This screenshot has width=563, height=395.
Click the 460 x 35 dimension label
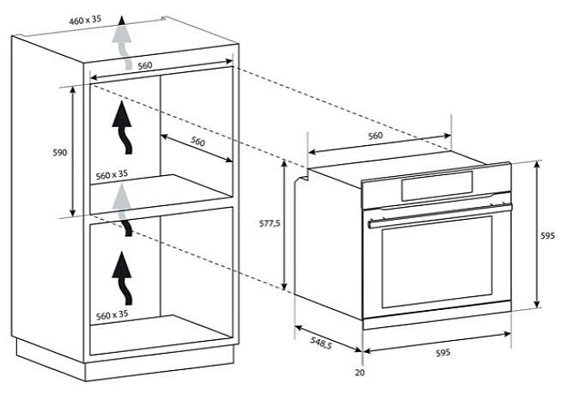(x=85, y=20)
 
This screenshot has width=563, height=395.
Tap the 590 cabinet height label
(x=59, y=153)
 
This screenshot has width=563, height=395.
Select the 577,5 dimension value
(x=269, y=223)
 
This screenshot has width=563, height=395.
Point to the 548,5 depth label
(x=321, y=343)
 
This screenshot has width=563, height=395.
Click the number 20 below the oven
(x=360, y=373)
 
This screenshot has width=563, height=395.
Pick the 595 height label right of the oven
(x=548, y=236)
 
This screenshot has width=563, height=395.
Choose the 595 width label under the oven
(x=443, y=353)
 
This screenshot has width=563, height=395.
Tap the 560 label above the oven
(x=375, y=136)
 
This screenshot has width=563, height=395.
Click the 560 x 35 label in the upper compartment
(x=112, y=175)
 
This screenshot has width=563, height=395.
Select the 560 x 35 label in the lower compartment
(x=112, y=315)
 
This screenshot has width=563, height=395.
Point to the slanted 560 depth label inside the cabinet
(x=197, y=141)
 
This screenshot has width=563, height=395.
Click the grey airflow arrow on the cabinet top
(x=121, y=42)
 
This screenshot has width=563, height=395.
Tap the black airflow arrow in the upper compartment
(x=123, y=127)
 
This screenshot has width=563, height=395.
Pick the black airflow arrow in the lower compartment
(x=123, y=278)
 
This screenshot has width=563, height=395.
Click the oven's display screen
(x=437, y=186)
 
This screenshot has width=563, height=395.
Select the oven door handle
(x=440, y=216)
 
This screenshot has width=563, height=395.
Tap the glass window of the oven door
(x=437, y=262)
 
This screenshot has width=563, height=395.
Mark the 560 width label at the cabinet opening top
(x=145, y=65)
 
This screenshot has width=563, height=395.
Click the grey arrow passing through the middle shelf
(x=121, y=210)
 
